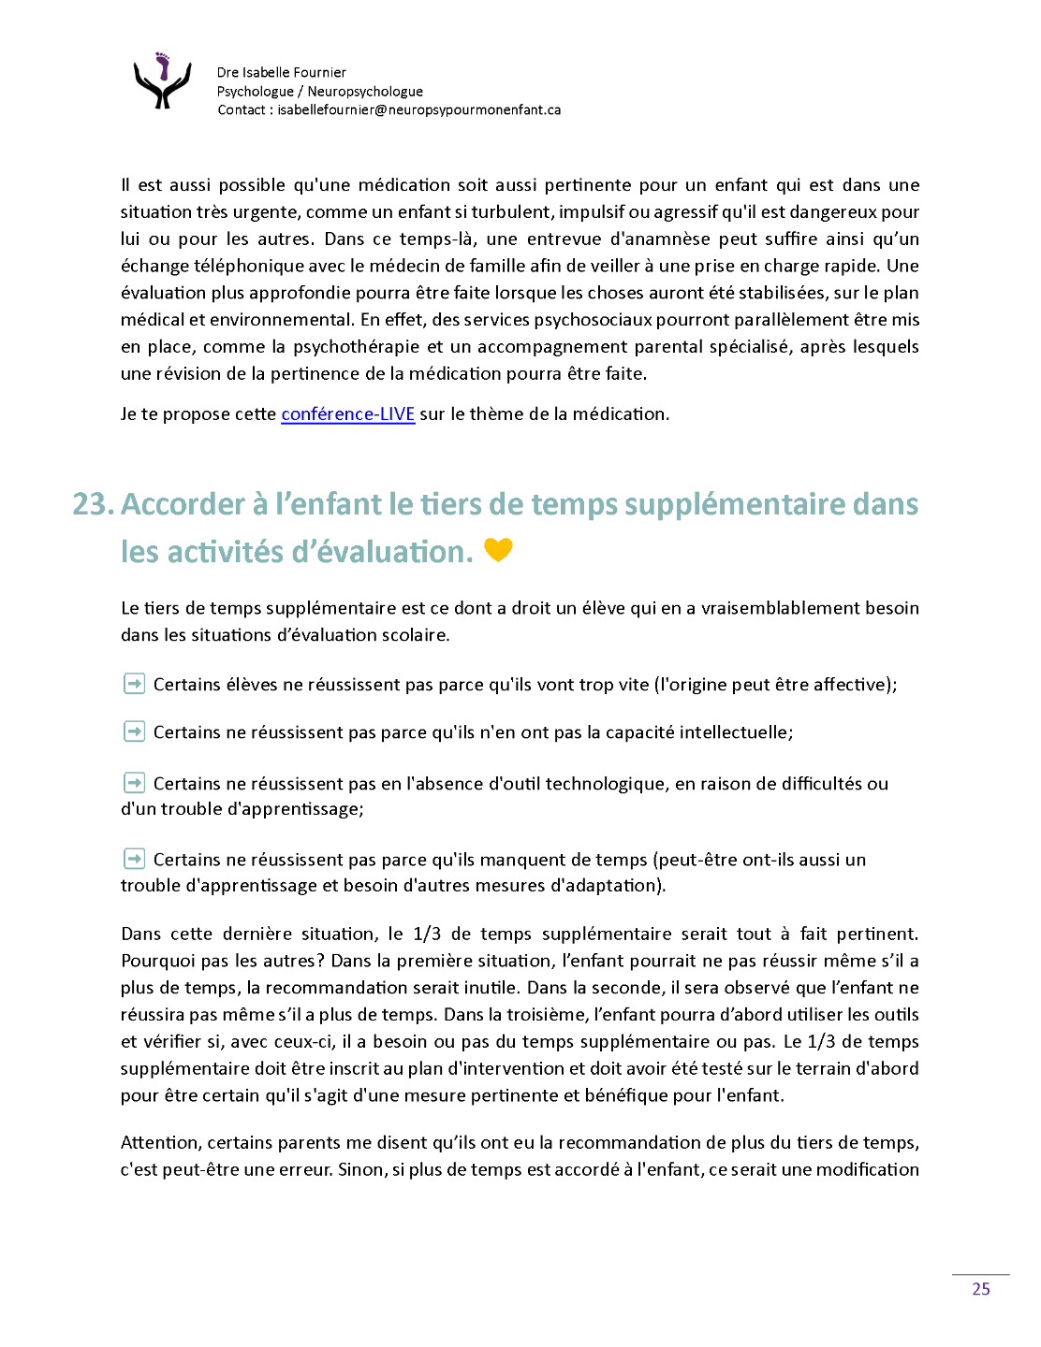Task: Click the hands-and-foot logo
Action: tap(163, 81)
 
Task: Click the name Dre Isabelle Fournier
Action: tap(281, 72)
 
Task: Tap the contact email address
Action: tap(418, 109)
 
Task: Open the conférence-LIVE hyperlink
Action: tap(347, 413)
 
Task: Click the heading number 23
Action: tap(93, 504)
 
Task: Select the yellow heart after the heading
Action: tap(498, 550)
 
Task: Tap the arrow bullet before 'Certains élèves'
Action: tap(134, 684)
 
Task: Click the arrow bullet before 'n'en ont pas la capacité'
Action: tap(134, 731)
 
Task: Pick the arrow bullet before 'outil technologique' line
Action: tap(134, 783)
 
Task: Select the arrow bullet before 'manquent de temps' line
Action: tap(134, 859)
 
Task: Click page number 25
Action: tap(980, 1289)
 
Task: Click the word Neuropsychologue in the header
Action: tap(365, 91)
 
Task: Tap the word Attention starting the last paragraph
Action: tap(160, 1142)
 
